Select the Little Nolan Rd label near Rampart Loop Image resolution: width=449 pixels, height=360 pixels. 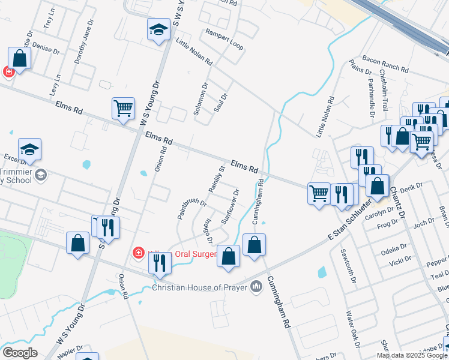tap(194, 52)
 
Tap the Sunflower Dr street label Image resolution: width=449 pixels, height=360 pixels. tap(231, 206)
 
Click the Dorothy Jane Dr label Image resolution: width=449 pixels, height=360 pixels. tap(85, 41)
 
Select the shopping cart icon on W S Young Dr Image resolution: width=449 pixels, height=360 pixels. tap(123, 109)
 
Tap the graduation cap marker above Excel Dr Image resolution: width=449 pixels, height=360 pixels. tap(29, 149)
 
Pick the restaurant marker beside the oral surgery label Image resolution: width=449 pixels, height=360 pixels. tap(160, 263)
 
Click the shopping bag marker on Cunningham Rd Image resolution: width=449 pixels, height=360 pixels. tap(254, 245)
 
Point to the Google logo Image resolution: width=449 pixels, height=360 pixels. tap(19, 353)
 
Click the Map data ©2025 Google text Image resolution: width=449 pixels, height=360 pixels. tap(411, 355)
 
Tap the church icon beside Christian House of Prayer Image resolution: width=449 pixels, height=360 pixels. tap(256, 287)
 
